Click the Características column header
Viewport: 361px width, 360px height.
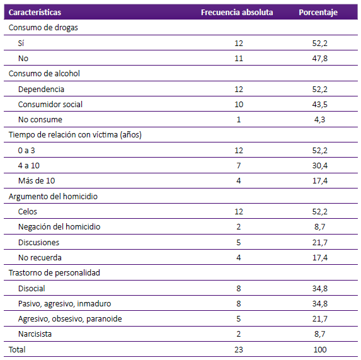click(x=35, y=12)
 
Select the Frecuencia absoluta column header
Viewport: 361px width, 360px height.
click(x=237, y=12)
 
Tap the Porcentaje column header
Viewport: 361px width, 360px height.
click(x=318, y=13)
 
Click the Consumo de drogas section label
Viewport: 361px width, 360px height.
click(x=43, y=27)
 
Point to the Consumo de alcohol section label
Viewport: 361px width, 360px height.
click(x=44, y=74)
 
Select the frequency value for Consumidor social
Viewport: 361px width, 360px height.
click(x=239, y=104)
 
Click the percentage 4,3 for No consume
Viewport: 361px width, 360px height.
click(x=319, y=120)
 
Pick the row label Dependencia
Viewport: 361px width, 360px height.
click(x=41, y=89)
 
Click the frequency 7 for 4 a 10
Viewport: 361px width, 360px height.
click(x=239, y=165)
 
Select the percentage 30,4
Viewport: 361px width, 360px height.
click(x=320, y=166)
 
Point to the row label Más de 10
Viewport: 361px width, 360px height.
click(x=37, y=180)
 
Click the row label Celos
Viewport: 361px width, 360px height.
click(x=27, y=211)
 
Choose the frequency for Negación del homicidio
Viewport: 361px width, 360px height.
click(x=239, y=226)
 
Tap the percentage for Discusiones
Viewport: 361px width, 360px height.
click(x=320, y=242)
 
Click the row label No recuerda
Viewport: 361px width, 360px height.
click(x=40, y=257)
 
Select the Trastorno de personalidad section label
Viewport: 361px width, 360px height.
click(x=54, y=273)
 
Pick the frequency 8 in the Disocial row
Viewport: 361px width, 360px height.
click(x=239, y=288)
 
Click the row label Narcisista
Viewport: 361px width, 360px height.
click(x=35, y=334)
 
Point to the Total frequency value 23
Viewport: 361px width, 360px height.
click(x=239, y=350)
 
